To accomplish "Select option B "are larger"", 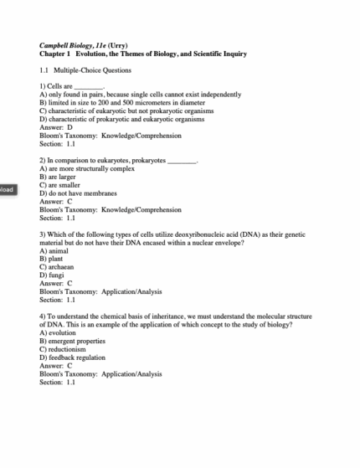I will point(59,177).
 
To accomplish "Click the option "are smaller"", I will point(60,185).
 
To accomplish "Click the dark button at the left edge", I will point(8,189).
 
